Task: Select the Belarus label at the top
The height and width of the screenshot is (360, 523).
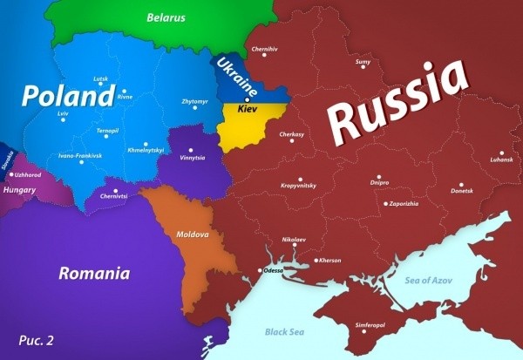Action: [166, 17]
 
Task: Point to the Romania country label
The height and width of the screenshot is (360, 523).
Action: [94, 274]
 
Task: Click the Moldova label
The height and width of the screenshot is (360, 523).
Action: [193, 235]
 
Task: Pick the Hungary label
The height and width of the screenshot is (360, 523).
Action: [19, 188]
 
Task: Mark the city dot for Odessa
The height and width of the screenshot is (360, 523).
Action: [259, 271]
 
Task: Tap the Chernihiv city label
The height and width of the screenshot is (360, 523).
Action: [265, 50]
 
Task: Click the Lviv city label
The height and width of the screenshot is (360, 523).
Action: [62, 114]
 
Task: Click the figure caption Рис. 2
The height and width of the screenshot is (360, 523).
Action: [36, 340]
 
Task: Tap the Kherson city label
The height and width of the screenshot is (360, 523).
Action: [329, 260]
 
